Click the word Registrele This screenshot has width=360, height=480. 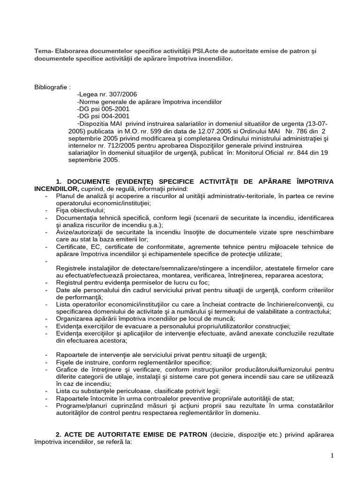(72, 268)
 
